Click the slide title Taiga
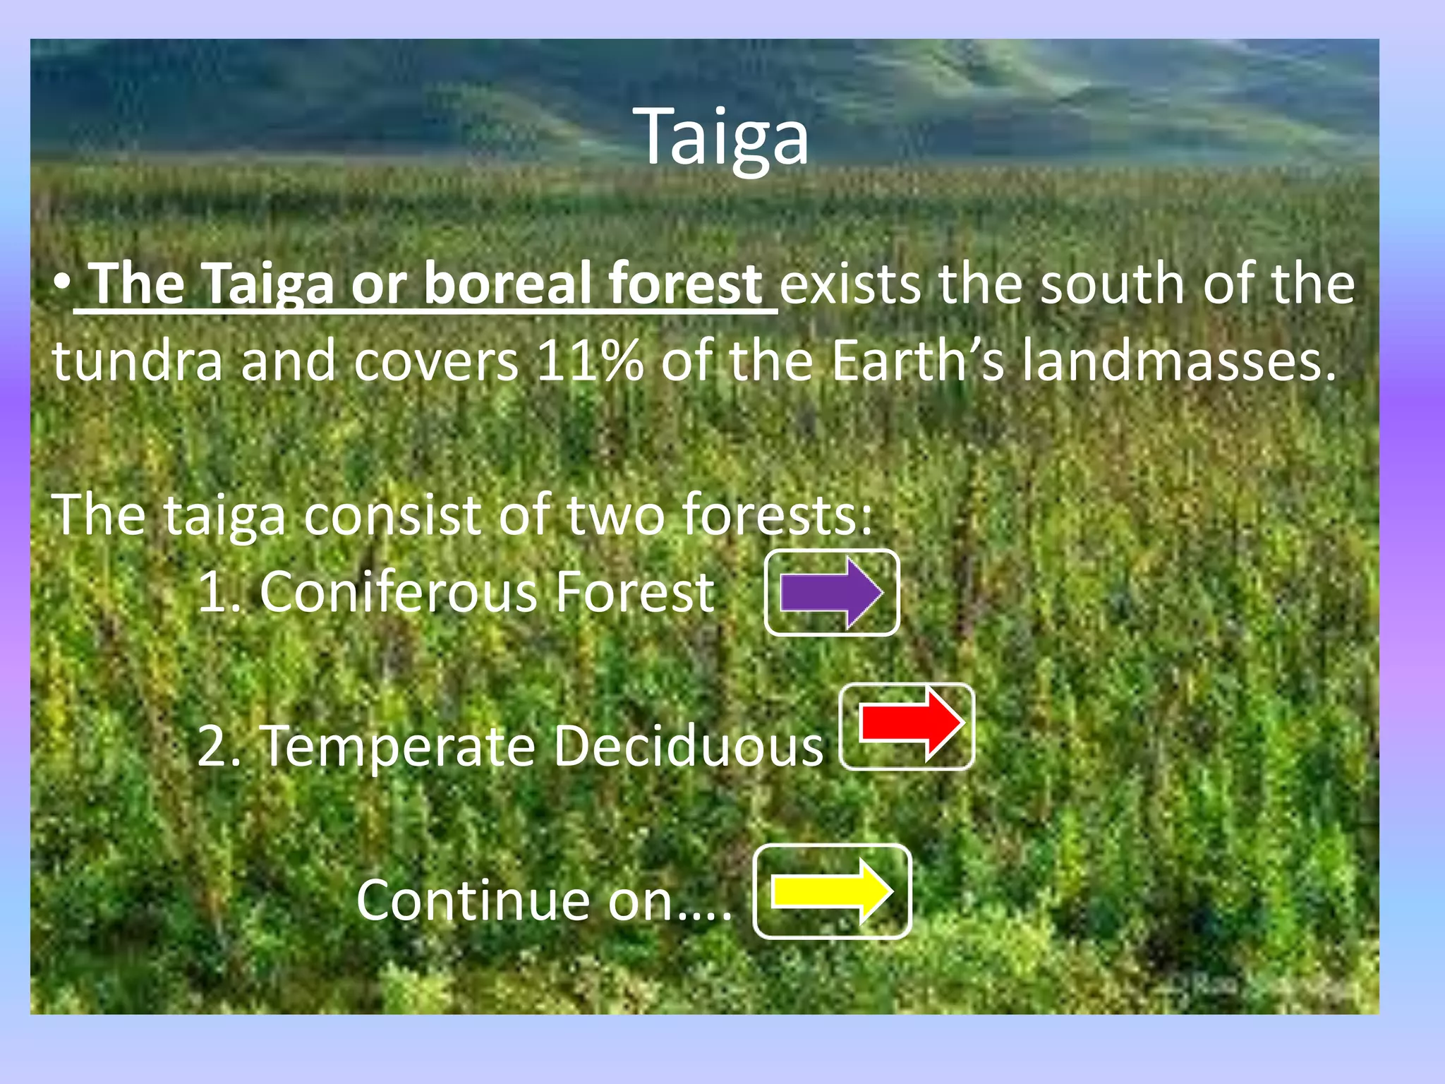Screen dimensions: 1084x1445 tap(724, 138)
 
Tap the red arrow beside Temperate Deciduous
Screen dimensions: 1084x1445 tap(909, 725)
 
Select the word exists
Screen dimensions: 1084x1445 tap(850, 284)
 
